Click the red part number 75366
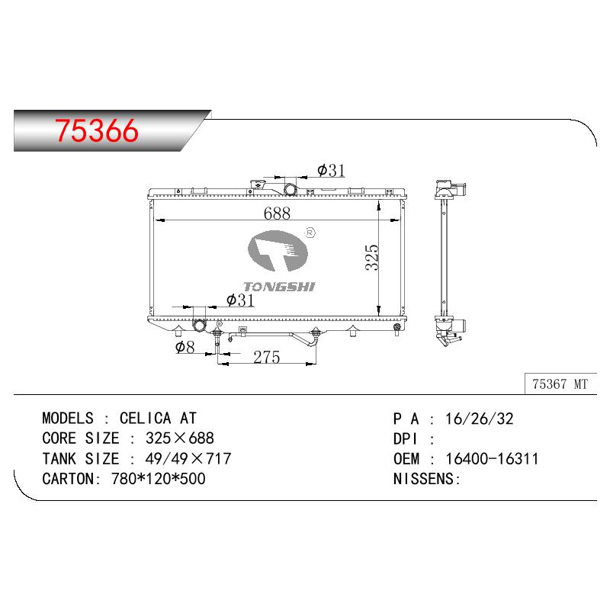[x=97, y=130]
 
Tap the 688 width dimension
[x=277, y=213]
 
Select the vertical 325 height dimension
[x=372, y=257]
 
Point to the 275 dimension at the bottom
[x=266, y=357]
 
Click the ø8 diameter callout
[x=185, y=347]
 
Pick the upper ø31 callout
[x=331, y=170]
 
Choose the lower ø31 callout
[x=240, y=300]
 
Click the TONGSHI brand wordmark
[x=279, y=287]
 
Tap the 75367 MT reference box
[x=560, y=384]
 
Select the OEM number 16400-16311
[x=492, y=459]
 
